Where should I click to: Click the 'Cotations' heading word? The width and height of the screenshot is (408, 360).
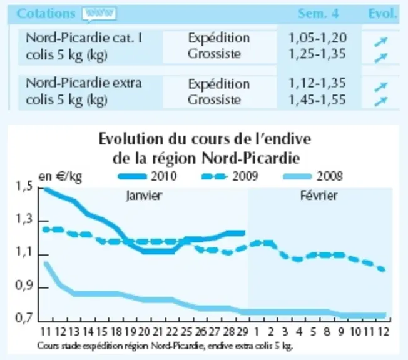[x=46, y=13]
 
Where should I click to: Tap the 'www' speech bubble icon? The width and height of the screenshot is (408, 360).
[x=99, y=14]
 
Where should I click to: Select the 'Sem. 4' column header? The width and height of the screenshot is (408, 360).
[x=319, y=14]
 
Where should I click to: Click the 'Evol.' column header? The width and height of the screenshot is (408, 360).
[x=383, y=14]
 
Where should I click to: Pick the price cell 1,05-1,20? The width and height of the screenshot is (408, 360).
[x=318, y=38]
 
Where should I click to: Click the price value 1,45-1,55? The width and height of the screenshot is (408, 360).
[x=317, y=99]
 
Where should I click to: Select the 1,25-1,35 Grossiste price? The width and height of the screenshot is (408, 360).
[x=317, y=54]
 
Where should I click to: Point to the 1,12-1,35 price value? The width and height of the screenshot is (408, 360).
[x=317, y=83]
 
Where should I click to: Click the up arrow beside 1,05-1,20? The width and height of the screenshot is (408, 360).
[x=380, y=42]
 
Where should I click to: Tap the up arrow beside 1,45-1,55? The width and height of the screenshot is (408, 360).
[x=380, y=101]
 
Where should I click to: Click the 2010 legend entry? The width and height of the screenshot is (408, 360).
[x=147, y=176]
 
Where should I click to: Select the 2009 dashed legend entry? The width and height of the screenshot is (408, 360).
[x=230, y=176]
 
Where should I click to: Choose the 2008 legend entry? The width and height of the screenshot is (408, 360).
[x=312, y=176]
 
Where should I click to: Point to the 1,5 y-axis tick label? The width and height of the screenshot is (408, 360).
[x=24, y=187]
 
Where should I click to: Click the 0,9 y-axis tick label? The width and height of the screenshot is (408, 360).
[x=24, y=286]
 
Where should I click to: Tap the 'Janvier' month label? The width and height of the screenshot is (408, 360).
[x=144, y=196]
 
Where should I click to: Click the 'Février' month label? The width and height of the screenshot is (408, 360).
[x=319, y=196]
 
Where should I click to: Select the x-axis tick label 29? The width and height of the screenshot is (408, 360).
[x=243, y=332]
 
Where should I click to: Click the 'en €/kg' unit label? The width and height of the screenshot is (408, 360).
[x=60, y=177]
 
